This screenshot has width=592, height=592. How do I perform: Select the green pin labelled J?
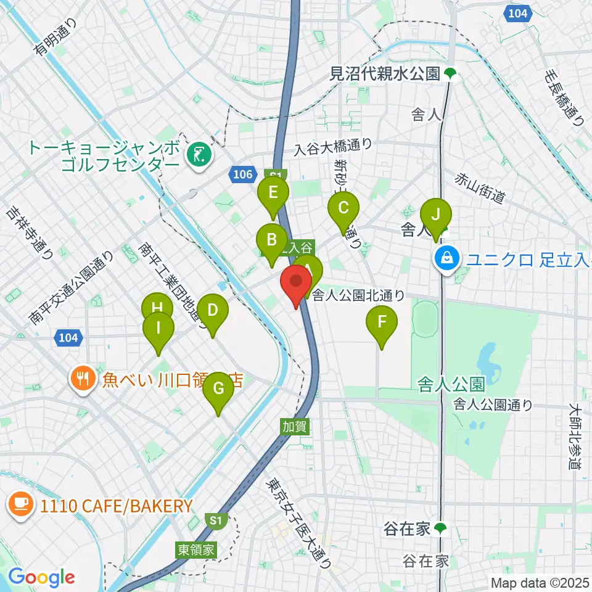coord(436,215)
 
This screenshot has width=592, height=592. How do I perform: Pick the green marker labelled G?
coord(218,388)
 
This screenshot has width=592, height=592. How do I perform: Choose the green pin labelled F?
coord(382,322)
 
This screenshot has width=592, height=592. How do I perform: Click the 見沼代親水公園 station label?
coord(385,74)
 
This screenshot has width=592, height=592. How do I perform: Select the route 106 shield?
coord(244,175)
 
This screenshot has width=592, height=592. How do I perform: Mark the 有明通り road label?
coord(55,37)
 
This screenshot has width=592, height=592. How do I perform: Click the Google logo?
coord(41,577)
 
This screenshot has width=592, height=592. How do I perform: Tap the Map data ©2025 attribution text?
coord(538,582)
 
